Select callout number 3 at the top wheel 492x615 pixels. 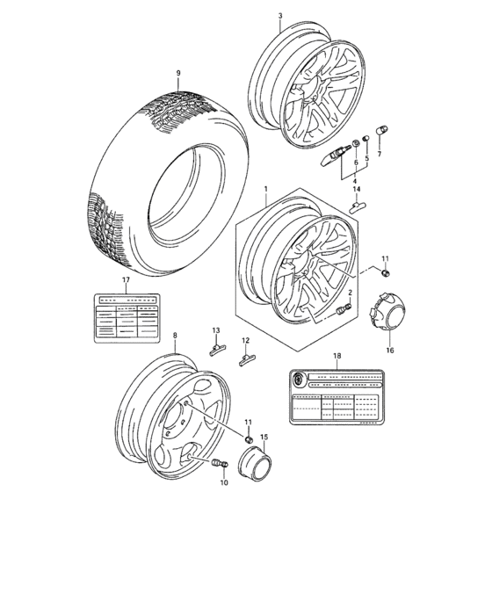click(x=279, y=16)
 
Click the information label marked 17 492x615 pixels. click(x=126, y=315)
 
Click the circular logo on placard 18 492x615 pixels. click(x=299, y=378)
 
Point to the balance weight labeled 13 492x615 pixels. click(x=217, y=350)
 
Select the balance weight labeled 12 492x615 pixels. click(x=249, y=358)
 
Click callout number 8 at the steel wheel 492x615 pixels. click(x=174, y=335)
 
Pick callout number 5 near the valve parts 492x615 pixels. click(x=365, y=161)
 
